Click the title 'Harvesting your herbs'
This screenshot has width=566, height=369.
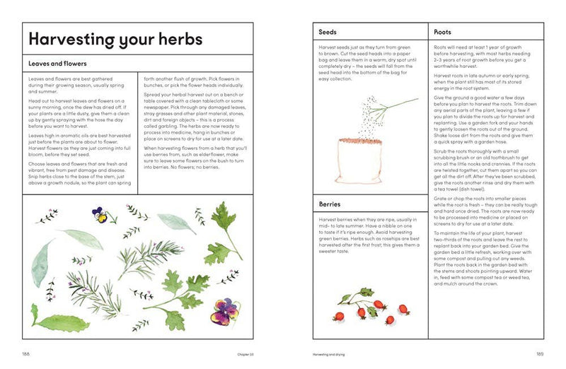[112, 40]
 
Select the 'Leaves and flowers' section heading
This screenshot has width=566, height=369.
[57, 64]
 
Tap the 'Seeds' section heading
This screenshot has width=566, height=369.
[328, 33]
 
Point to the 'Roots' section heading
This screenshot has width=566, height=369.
[442, 33]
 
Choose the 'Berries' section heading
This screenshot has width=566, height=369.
[330, 205]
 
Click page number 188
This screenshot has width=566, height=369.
[26, 353]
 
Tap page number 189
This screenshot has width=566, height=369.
[539, 353]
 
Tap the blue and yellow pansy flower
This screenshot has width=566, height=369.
[102, 215]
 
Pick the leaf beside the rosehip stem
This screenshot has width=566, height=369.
[366, 292]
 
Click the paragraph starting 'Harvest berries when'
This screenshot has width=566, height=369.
[369, 235]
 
